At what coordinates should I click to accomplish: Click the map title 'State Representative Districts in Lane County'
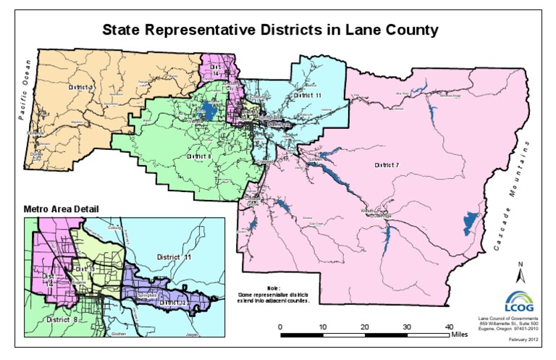pos(269,30)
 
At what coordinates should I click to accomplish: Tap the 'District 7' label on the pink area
pos(386,166)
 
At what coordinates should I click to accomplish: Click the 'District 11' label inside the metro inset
pos(177,256)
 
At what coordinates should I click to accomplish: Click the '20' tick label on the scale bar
pos(365,326)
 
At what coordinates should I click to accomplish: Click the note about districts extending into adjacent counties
pos(274,293)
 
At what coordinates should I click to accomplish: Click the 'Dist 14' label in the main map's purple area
pos(215,69)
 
